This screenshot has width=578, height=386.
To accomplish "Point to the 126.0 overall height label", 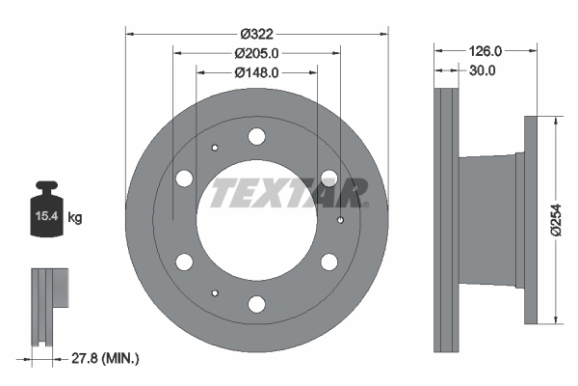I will coord(486,50).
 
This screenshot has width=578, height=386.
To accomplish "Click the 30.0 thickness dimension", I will coord(483,70).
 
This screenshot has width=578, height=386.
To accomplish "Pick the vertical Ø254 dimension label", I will coord(556,219).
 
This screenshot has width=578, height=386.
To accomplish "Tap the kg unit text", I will coord(75,218).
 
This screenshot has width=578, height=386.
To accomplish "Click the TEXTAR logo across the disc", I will coord(288,193).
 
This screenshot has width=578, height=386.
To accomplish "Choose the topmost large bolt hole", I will coord(256,137).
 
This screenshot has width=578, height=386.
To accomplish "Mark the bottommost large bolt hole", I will coord(256,305).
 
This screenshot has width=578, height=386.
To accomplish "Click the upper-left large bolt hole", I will coord(184,179).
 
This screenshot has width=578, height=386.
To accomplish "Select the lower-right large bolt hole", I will coord(328,262).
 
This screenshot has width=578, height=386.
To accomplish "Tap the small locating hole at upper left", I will coord(215,148).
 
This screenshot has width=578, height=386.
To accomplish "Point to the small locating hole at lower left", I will coord(215,293).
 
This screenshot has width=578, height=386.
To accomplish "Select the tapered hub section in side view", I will coord(488,221).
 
